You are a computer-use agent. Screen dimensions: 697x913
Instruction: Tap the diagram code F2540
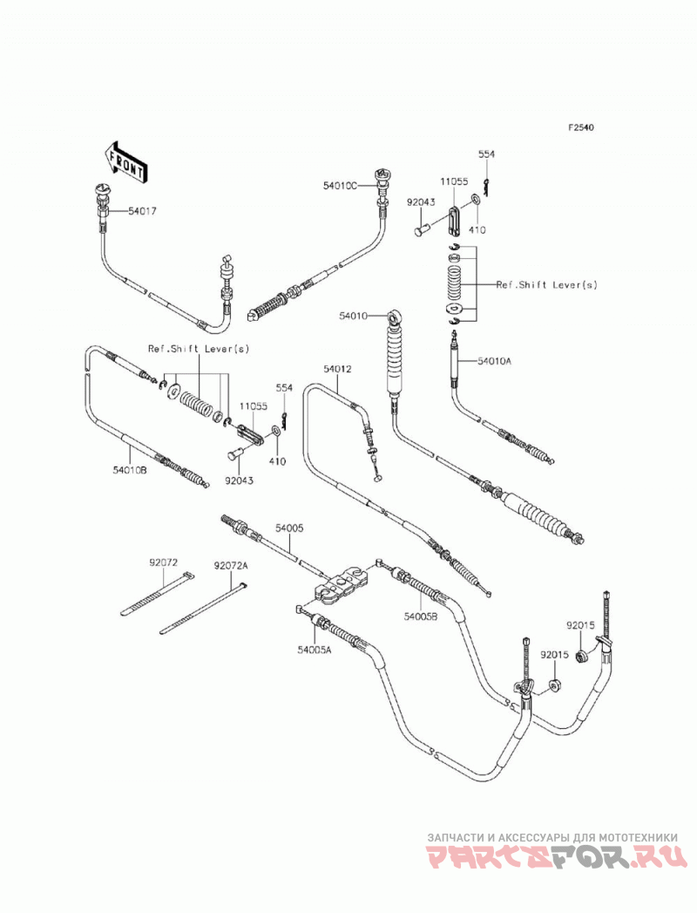(x=581, y=127)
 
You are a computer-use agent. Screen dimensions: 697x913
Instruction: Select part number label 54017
(x=142, y=212)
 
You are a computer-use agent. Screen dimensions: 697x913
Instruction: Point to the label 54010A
(x=495, y=361)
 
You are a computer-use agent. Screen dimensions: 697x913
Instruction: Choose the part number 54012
(x=338, y=369)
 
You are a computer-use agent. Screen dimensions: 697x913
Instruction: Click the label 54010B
(x=130, y=469)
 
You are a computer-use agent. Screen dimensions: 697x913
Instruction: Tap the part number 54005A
(x=315, y=651)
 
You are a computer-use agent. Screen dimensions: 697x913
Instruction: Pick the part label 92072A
(x=230, y=565)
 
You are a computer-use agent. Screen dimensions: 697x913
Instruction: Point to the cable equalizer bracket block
(x=339, y=586)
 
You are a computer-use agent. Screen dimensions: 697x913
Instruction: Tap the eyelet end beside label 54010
(x=395, y=317)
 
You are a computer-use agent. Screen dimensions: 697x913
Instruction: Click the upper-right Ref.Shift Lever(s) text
(x=546, y=285)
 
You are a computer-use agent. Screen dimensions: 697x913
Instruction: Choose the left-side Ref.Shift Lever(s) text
(x=199, y=349)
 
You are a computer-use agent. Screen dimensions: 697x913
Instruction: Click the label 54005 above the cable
(x=289, y=528)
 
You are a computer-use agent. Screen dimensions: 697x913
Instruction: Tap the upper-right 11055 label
(x=454, y=181)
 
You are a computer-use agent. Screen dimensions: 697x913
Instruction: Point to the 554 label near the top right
(x=486, y=154)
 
